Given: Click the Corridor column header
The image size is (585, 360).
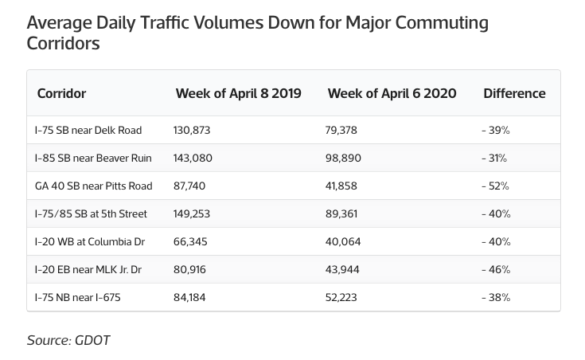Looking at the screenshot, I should [x=61, y=93].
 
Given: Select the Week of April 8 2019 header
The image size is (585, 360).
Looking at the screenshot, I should [x=238, y=93].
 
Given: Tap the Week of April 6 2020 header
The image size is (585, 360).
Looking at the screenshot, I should [x=392, y=93].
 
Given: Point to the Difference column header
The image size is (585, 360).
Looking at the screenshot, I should [x=514, y=93].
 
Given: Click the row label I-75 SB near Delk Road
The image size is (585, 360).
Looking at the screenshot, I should [x=88, y=130].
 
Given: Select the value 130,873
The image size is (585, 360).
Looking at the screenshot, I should [x=192, y=130].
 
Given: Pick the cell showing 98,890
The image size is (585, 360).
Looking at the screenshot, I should [x=344, y=158].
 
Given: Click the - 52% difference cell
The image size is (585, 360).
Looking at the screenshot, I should [x=495, y=186].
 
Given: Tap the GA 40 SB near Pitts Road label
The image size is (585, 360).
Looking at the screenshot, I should [x=93, y=186].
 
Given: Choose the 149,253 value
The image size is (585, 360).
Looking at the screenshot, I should [x=192, y=213].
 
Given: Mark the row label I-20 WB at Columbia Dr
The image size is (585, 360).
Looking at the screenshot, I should [x=89, y=241].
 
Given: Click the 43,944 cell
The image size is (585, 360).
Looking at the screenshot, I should [x=343, y=269].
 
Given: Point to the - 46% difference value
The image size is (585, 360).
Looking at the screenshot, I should [x=495, y=269].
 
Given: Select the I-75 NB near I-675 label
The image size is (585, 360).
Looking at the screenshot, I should [x=77, y=297].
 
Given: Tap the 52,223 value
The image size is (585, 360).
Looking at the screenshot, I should [x=342, y=297].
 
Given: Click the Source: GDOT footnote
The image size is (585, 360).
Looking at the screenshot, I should [x=68, y=340].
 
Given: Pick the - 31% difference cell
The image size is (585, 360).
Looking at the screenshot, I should [x=494, y=158].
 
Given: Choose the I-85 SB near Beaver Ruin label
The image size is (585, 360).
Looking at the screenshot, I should [x=93, y=158].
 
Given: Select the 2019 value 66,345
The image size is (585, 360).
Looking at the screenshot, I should [x=190, y=241].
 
